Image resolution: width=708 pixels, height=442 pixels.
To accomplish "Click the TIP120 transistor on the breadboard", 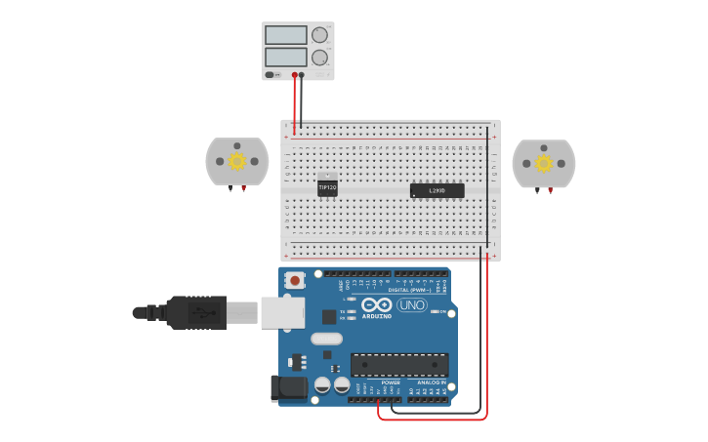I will pyautogui.click(x=327, y=186).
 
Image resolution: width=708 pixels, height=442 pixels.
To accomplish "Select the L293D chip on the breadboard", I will pyautogui.click(x=437, y=190).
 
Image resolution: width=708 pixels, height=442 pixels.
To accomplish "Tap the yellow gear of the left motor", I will pyautogui.click(x=237, y=161).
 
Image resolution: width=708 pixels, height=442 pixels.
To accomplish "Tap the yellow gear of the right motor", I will pyautogui.click(x=544, y=163).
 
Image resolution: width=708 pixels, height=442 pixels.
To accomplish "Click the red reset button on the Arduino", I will pyautogui.click(x=294, y=280).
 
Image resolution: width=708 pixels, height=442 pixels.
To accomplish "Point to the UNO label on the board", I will pyautogui.click(x=411, y=304).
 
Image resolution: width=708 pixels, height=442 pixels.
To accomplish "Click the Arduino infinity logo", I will pyautogui.click(x=377, y=304).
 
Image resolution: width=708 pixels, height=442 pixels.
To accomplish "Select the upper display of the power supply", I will pyautogui.click(x=285, y=35).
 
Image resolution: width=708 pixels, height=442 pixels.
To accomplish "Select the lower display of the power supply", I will pyautogui.click(x=285, y=58).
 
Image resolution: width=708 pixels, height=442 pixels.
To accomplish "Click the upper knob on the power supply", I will pyautogui.click(x=319, y=35).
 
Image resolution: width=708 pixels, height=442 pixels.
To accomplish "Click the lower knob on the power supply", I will pyautogui.click(x=319, y=58).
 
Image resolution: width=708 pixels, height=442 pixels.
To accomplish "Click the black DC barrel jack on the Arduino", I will pyautogui.click(x=290, y=387).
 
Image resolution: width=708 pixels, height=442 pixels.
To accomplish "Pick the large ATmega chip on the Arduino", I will pyautogui.click(x=399, y=365).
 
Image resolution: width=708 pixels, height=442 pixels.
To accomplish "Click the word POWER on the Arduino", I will pyautogui.click(x=391, y=382).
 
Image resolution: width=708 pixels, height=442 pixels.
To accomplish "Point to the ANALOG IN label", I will pyautogui.click(x=431, y=382).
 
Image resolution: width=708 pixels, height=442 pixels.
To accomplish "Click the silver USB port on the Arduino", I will pyautogui.click(x=282, y=312).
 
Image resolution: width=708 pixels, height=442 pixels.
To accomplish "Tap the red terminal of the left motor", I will pyautogui.click(x=243, y=187).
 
